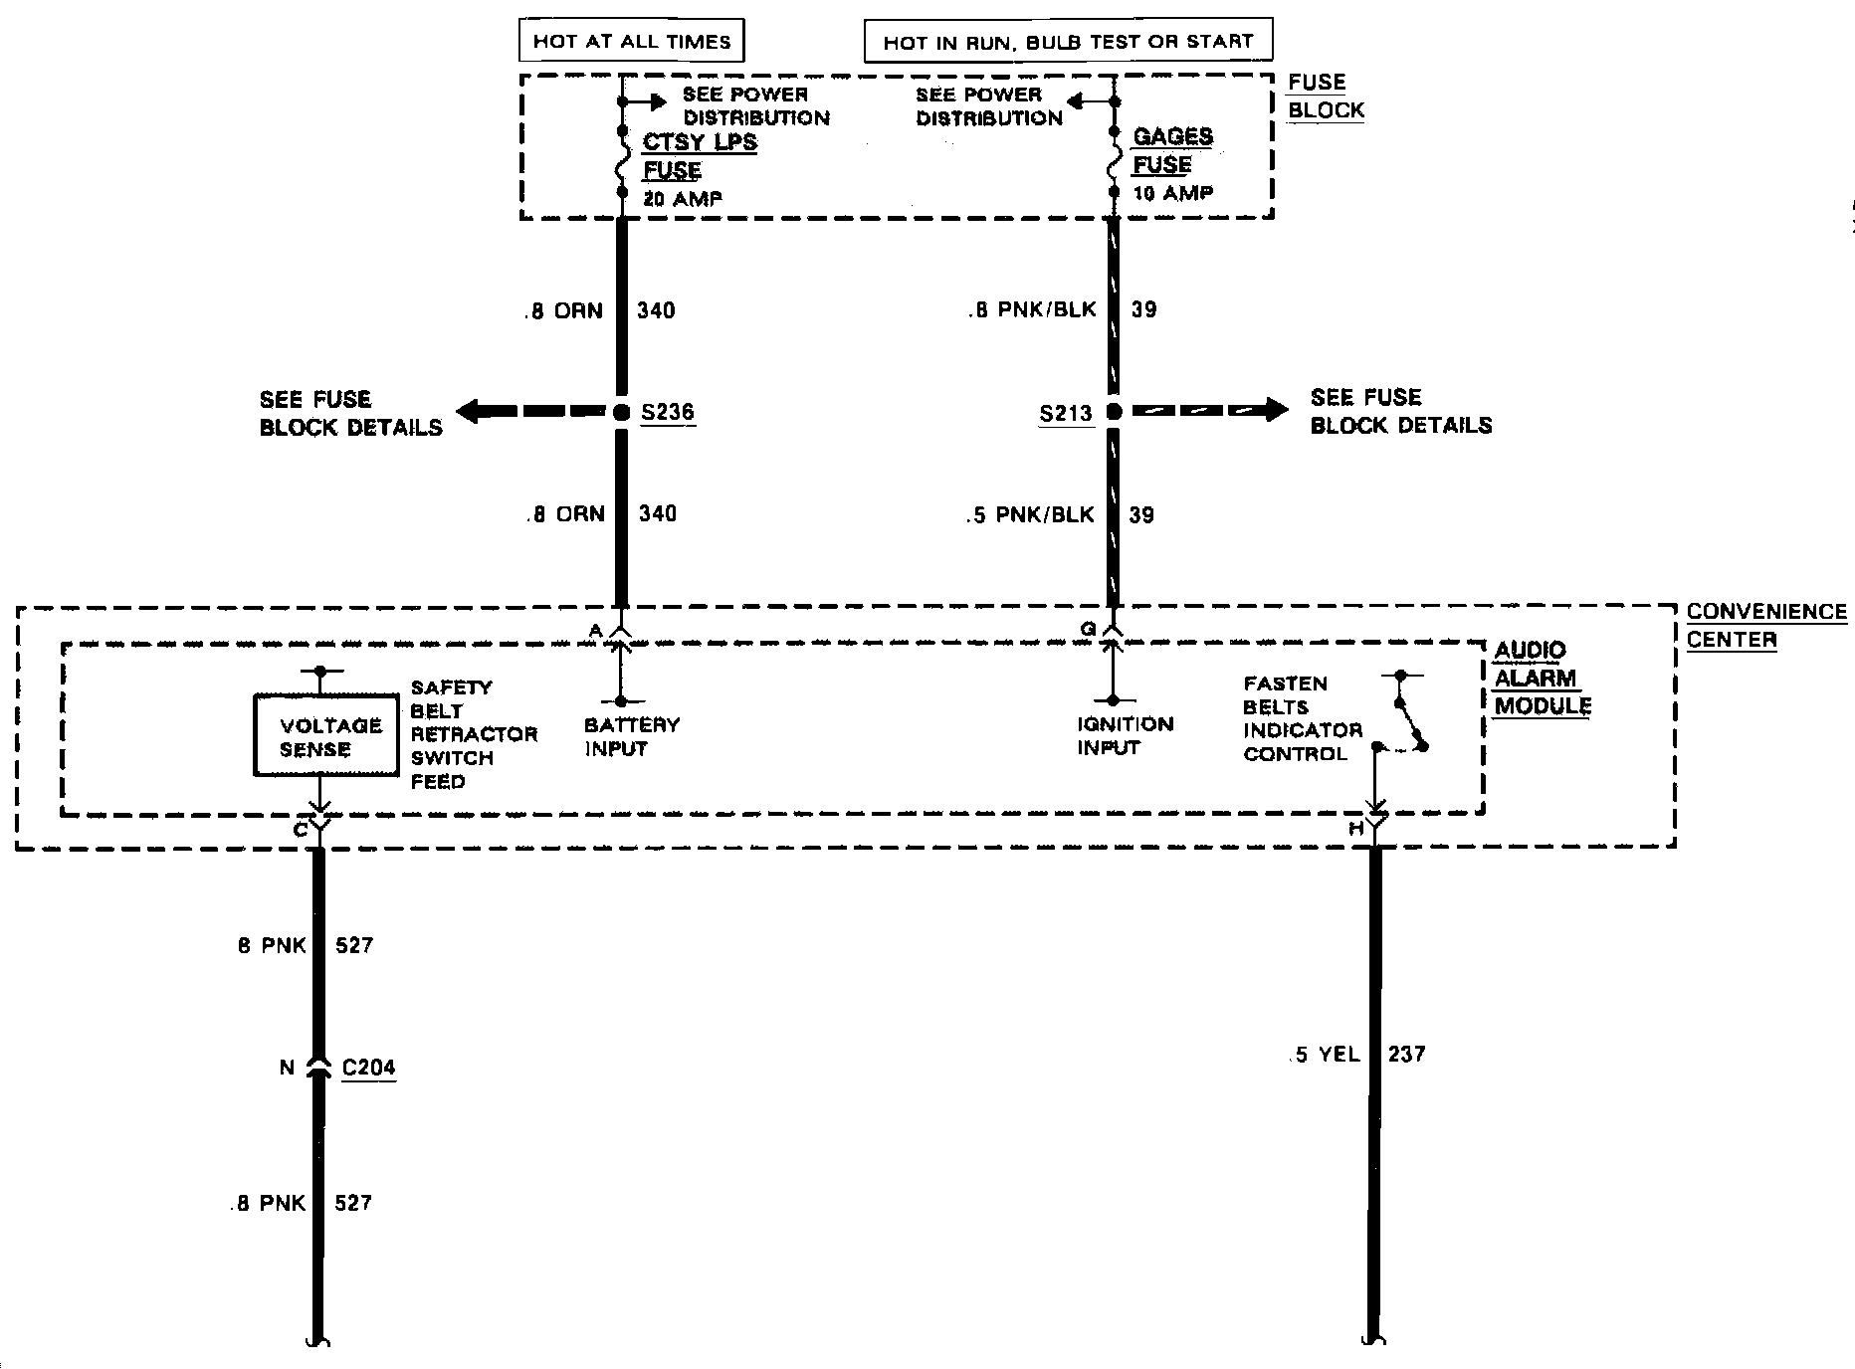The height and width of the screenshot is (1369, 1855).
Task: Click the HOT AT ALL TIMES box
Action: point(632,41)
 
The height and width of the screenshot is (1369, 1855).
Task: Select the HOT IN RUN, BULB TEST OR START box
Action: point(1068,42)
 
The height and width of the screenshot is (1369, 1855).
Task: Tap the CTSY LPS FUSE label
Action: point(699,155)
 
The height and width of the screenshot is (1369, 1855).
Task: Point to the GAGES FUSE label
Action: point(1172,150)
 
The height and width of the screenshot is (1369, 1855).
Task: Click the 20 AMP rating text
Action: point(683,199)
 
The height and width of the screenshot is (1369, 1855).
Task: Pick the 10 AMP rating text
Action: point(1173,193)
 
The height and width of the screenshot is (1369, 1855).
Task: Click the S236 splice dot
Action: point(622,412)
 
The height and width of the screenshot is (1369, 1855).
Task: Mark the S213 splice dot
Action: point(1114,412)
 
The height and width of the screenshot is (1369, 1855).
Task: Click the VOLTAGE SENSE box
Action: point(325,737)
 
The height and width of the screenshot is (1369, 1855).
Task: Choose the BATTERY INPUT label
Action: point(631,736)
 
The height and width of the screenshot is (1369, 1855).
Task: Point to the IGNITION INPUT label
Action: point(1125,735)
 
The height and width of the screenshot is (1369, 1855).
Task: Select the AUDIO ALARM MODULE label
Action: point(1542,678)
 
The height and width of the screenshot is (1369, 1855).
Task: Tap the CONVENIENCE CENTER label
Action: point(1766,625)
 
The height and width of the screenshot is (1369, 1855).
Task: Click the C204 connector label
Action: point(368,1068)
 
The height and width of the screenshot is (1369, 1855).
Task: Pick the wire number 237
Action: point(1407,1054)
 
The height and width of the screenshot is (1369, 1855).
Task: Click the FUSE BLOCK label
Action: point(1326,97)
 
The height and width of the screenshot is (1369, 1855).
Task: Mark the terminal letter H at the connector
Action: point(1355,828)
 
